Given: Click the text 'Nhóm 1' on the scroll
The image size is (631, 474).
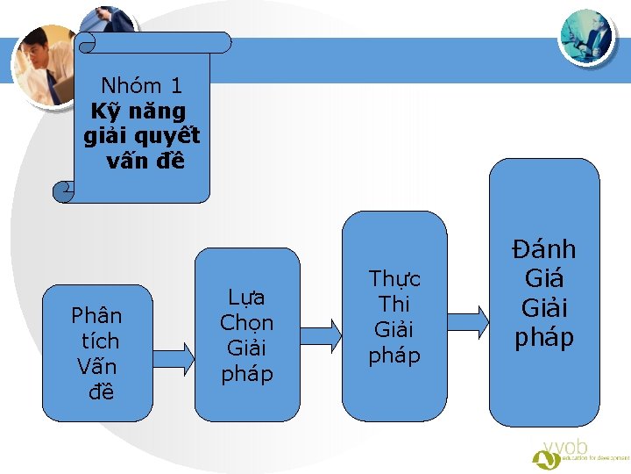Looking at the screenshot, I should tap(141, 86).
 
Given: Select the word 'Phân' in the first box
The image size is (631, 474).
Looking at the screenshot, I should tap(96, 315).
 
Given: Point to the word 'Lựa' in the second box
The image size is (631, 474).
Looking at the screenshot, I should tap(246, 297).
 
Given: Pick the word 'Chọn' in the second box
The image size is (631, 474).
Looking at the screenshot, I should tap(246, 322).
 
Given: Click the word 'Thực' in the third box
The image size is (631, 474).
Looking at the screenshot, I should tap(394, 279).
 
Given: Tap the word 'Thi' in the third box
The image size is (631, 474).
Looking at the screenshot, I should tap(394, 305).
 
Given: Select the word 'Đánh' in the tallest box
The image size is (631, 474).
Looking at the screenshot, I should tap(544, 250).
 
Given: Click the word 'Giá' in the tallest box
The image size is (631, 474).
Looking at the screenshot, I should tap(544, 280).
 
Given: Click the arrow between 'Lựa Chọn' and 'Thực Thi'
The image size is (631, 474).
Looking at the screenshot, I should tap(321, 331).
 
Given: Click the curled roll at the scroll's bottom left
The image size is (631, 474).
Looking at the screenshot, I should tap(63, 191).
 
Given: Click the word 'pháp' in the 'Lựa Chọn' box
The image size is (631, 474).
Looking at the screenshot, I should tap(246, 374).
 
